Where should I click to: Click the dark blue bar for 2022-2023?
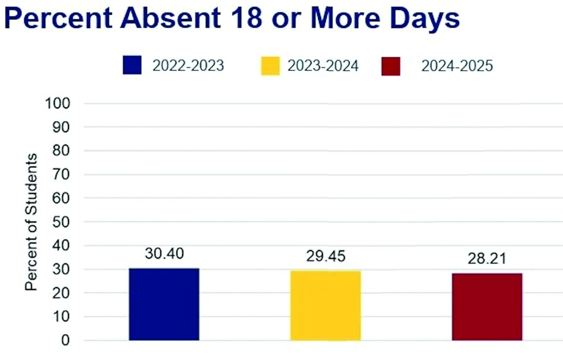click(164, 304)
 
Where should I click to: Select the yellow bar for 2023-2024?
click(325, 305)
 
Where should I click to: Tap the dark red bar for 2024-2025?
click(487, 307)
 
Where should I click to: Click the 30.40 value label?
click(164, 254)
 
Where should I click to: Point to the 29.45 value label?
click(326, 256)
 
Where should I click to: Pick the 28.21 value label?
click(487, 259)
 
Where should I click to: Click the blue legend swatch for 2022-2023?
click(132, 65)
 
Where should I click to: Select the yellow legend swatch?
click(270, 66)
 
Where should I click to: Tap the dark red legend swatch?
click(391, 66)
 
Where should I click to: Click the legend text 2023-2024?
click(323, 66)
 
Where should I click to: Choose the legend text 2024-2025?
click(457, 66)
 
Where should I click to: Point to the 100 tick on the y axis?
click(58, 104)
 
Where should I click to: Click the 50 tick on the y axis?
click(61, 222)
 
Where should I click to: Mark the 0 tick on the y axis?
click(65, 340)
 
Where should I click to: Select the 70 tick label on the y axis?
click(61, 175)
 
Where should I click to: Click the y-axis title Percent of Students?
click(31, 222)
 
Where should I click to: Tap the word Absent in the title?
click(170, 18)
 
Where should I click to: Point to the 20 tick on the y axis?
click(61, 293)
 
